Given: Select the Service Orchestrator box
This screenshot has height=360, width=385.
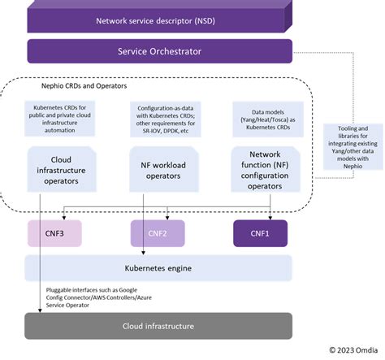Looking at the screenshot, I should click(161, 50).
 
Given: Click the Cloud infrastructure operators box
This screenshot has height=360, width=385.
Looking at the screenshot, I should click(63, 167).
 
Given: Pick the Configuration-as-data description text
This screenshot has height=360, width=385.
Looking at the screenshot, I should click(167, 119).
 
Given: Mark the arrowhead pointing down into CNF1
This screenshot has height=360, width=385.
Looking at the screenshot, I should click(270, 217).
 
